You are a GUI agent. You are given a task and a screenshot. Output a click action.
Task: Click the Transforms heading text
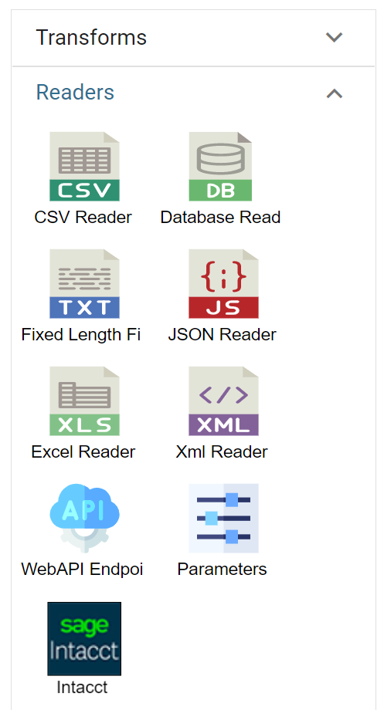91,37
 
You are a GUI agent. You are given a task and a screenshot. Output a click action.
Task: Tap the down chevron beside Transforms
334,37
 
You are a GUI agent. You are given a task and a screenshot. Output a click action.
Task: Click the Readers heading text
75,93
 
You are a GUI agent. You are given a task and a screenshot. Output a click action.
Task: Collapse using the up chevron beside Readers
334,93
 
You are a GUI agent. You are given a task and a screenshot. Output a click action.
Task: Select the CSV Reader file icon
84,166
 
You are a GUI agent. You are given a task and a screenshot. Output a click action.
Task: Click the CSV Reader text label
83,218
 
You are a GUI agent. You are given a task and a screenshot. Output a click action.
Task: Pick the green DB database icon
220,166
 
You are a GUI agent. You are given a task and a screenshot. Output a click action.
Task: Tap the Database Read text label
220,218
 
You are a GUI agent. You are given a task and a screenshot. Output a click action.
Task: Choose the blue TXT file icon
84,283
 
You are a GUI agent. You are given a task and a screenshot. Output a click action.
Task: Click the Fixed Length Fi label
80,335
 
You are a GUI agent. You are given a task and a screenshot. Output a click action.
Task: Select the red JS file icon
223,283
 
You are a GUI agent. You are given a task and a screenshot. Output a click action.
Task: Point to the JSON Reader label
223,335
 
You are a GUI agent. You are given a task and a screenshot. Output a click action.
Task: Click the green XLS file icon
84,401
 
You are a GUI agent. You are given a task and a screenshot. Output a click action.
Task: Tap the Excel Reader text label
83,452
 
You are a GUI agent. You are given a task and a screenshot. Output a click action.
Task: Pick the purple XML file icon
223,401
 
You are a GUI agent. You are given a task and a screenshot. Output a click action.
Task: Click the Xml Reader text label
222,452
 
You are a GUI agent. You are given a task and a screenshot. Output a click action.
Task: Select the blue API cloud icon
84,518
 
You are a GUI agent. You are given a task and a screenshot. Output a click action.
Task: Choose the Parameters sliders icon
223,518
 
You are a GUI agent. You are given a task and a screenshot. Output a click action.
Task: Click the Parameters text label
223,570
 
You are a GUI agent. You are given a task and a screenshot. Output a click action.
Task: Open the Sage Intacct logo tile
84,638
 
